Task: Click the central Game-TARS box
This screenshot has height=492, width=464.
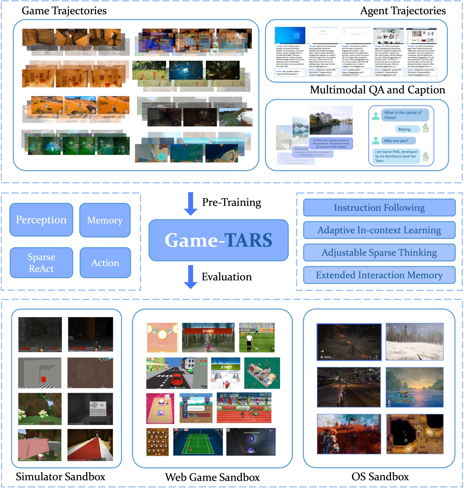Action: coord(218,240)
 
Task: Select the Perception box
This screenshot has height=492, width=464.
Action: coord(41,220)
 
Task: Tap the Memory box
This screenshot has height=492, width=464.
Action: coord(105,220)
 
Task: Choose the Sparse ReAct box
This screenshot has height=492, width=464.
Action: coord(41,263)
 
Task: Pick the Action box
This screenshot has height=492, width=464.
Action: coord(105,263)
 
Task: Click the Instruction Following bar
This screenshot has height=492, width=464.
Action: coord(379,208)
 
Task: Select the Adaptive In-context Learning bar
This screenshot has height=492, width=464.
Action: coord(379,230)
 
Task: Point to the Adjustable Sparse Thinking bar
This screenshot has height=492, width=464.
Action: coord(379,252)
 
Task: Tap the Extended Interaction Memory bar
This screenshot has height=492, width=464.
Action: coord(379,275)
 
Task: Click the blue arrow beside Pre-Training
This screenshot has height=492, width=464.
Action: coord(190,204)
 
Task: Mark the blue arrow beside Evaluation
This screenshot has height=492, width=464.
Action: coord(190,277)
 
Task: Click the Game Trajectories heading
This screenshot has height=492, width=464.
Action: coord(64,11)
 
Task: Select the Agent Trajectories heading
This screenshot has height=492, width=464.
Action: coord(403,11)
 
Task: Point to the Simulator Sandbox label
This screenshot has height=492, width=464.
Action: coord(60,477)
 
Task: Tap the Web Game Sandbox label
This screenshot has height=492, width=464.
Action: coord(212,477)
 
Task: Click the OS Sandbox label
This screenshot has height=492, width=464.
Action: coord(380,477)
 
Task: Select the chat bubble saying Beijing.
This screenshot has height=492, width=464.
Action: coord(404,129)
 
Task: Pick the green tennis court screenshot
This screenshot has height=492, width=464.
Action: coord(198,442)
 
